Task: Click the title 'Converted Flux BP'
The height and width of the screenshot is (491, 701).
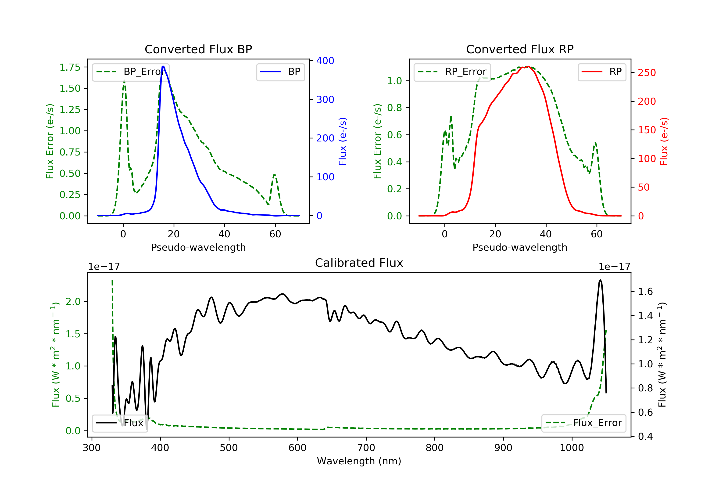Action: [x=198, y=49]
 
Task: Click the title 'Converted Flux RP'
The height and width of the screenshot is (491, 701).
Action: [x=520, y=49]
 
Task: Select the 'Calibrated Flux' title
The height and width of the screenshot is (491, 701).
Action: [x=359, y=263]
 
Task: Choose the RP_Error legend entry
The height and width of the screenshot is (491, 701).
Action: [x=452, y=72]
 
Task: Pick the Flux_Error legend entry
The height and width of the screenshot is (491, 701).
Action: [x=583, y=423]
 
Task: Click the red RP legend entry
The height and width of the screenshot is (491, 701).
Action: [x=602, y=72]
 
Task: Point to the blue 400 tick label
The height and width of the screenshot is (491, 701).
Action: [x=325, y=61]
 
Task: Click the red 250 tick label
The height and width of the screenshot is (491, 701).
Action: [x=647, y=73]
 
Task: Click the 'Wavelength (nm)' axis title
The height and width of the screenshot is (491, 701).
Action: [x=359, y=461]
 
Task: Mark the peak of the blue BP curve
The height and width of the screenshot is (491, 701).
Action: [x=163, y=66]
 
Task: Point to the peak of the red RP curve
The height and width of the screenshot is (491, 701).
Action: [x=528, y=66]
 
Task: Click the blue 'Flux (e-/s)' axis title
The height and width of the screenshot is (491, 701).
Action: [x=343, y=141]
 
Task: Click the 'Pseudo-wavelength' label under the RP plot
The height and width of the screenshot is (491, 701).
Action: [x=520, y=247]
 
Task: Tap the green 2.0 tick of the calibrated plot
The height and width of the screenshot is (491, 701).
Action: [x=73, y=302]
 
